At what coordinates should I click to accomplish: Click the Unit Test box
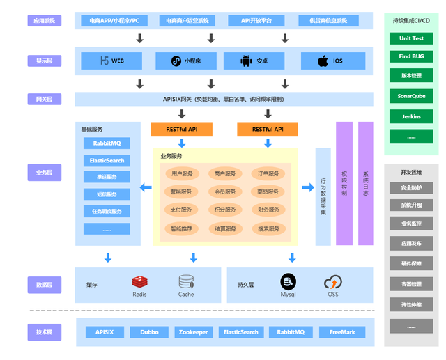(411, 38)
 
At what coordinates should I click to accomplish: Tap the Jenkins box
(411, 116)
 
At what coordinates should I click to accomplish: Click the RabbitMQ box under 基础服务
(107, 143)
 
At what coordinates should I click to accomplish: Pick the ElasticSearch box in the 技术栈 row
(242, 332)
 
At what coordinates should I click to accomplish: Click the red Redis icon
(139, 282)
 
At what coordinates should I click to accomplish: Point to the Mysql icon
(289, 282)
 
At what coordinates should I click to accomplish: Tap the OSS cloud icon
(332, 282)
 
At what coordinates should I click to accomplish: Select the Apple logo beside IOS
(323, 61)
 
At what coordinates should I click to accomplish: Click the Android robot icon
(246, 61)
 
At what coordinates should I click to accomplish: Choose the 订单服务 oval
(268, 173)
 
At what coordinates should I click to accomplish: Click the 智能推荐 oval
(181, 228)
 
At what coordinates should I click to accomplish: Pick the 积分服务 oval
(225, 210)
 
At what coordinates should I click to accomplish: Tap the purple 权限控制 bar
(344, 183)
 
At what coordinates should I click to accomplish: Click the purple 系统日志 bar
(366, 183)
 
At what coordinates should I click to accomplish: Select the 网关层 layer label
(45, 100)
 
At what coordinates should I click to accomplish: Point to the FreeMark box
(342, 332)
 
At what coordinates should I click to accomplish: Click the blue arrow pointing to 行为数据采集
(307, 187)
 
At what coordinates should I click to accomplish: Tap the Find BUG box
(411, 56)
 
